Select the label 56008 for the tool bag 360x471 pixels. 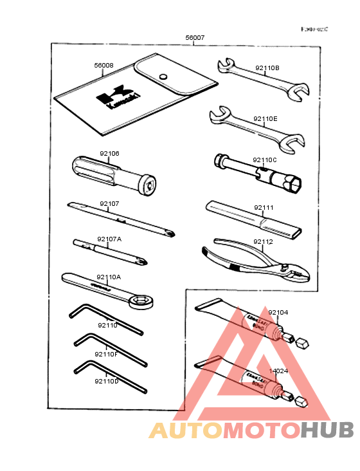pyautogui.click(x=104, y=65)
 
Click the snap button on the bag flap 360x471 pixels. pyautogui.click(x=163, y=76)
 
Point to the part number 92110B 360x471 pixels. pyautogui.click(x=267, y=67)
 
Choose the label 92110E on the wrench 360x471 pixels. pyautogui.click(x=265, y=119)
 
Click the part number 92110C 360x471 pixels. pyautogui.click(x=264, y=160)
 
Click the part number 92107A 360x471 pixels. pyautogui.click(x=109, y=239)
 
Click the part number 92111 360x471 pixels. pyautogui.click(x=264, y=208)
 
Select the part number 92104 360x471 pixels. pyautogui.click(x=278, y=312)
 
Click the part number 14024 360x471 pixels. pyautogui.click(x=278, y=371)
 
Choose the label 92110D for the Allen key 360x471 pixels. pyautogui.click(x=106, y=382)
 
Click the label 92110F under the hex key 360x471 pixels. pyautogui.click(x=105, y=354)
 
